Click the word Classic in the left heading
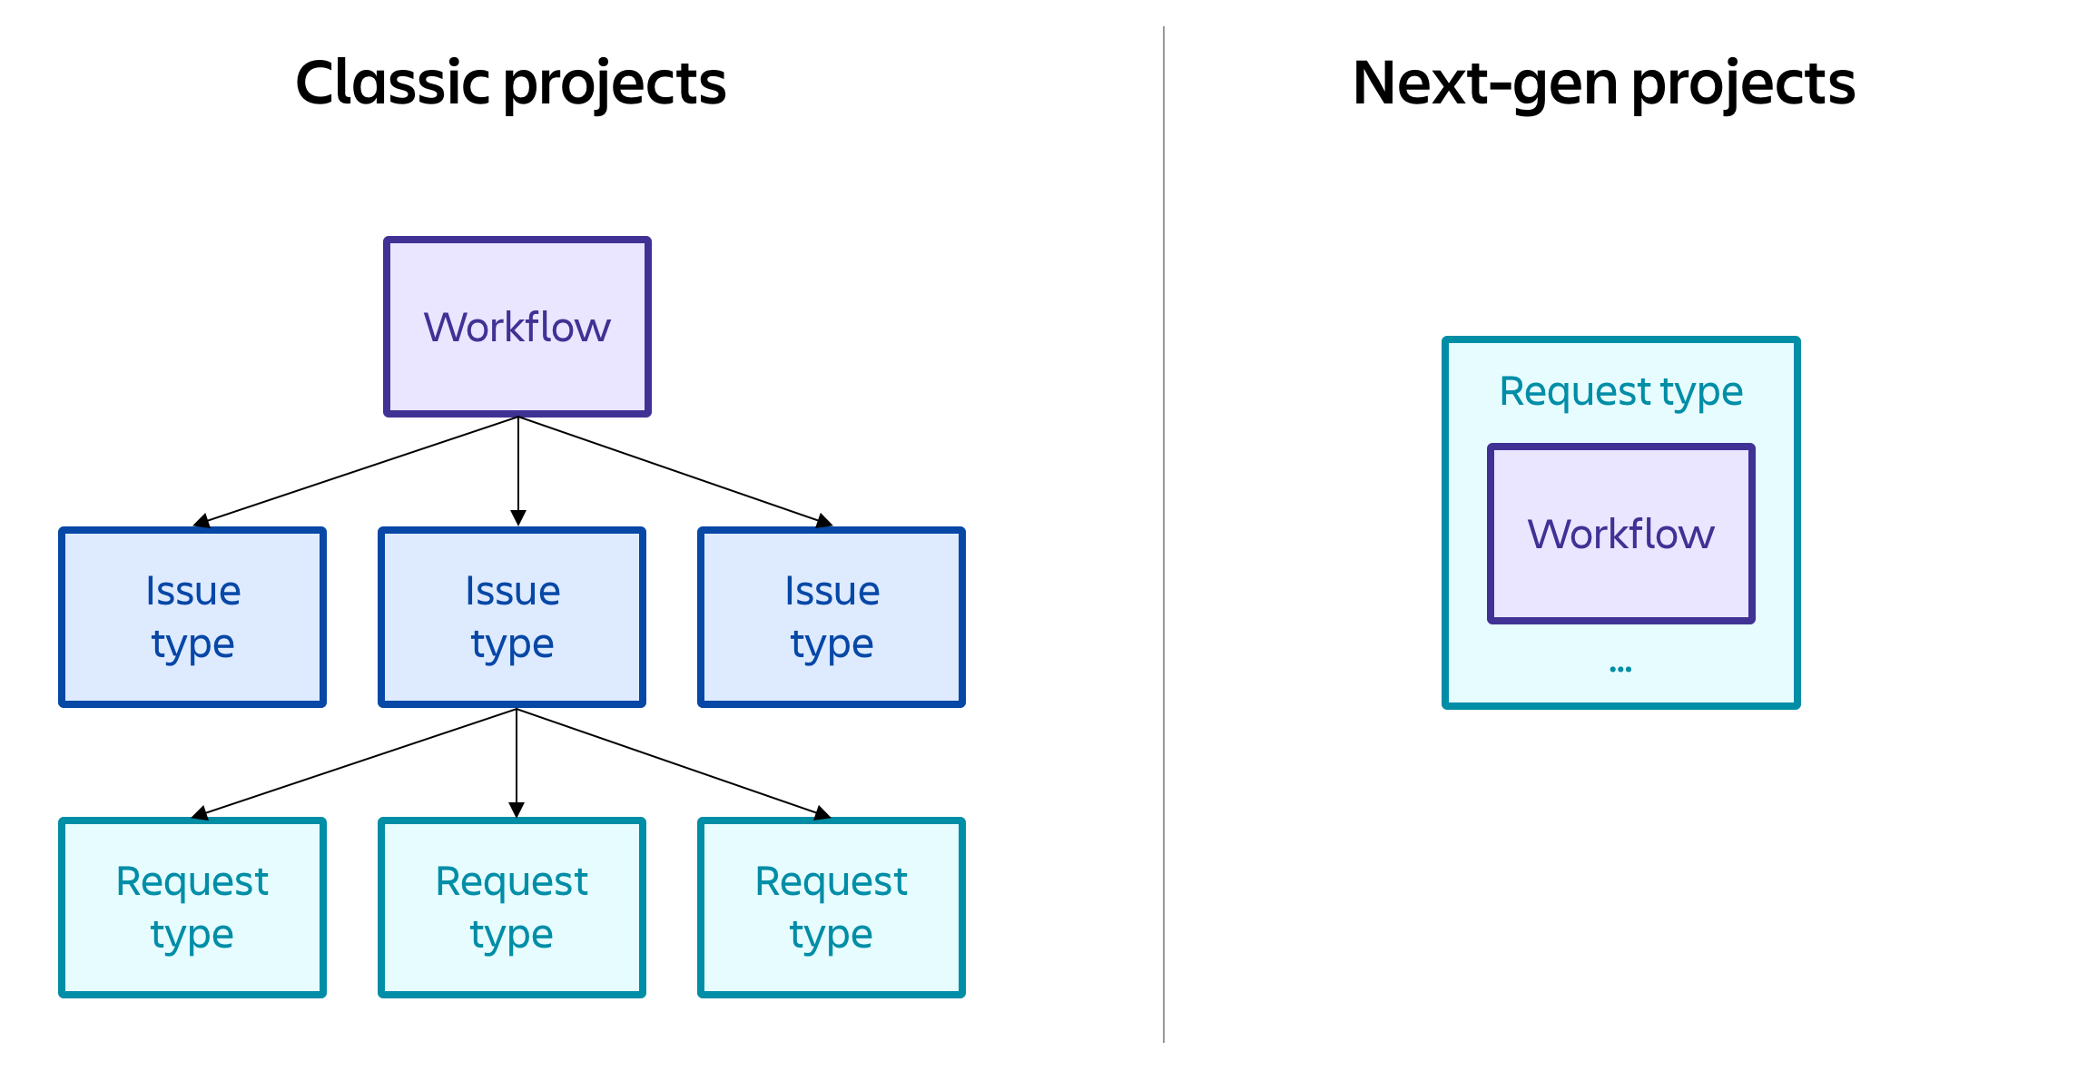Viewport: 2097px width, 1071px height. click(x=393, y=84)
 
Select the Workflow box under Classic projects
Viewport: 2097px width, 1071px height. click(x=517, y=327)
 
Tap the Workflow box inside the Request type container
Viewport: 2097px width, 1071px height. click(x=1620, y=534)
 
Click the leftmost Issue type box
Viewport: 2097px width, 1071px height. click(x=192, y=617)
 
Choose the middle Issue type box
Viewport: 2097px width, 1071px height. click(x=512, y=617)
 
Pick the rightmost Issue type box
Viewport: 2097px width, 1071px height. click(x=832, y=617)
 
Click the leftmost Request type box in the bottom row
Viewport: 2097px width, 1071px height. click(x=192, y=908)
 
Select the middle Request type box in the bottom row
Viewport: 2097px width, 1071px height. click(x=512, y=908)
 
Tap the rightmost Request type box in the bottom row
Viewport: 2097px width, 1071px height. click(x=832, y=908)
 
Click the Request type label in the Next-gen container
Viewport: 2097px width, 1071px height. click(x=1620, y=391)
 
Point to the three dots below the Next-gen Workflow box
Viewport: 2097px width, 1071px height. click(x=1620, y=669)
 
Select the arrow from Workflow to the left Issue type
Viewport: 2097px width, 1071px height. click(x=358, y=470)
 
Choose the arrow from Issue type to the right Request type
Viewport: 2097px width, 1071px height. click(x=673, y=761)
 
